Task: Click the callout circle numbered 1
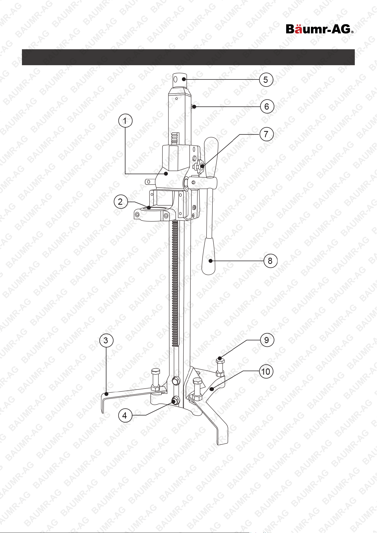(x=125, y=121)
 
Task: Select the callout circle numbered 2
(x=120, y=202)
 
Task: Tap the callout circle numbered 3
(x=106, y=340)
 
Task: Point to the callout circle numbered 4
(x=125, y=415)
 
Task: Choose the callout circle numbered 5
(x=266, y=80)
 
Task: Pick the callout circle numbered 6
(x=267, y=106)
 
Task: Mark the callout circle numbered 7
(x=266, y=134)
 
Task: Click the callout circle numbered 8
(x=270, y=261)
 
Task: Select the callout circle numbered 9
(x=267, y=340)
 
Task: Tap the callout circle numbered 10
(x=266, y=372)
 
